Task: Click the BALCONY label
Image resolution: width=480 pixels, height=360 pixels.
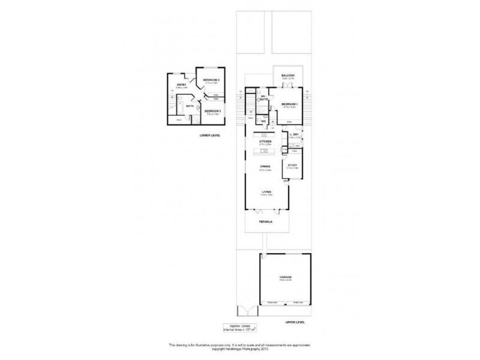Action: [288, 75]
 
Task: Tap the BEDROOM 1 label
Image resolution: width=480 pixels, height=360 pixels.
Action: [289, 104]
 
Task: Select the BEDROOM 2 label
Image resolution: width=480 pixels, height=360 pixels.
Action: [211, 80]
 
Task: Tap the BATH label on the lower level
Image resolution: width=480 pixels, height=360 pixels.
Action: [190, 106]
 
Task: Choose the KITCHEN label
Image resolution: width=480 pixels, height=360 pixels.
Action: [265, 142]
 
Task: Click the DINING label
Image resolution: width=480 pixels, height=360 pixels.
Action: [265, 167]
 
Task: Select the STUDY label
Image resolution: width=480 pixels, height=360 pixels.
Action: [293, 165]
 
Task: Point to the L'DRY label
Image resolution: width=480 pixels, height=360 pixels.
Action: [294, 135]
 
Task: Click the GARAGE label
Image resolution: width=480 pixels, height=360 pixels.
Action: [286, 277]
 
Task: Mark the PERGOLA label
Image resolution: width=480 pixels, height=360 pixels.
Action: [266, 221]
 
